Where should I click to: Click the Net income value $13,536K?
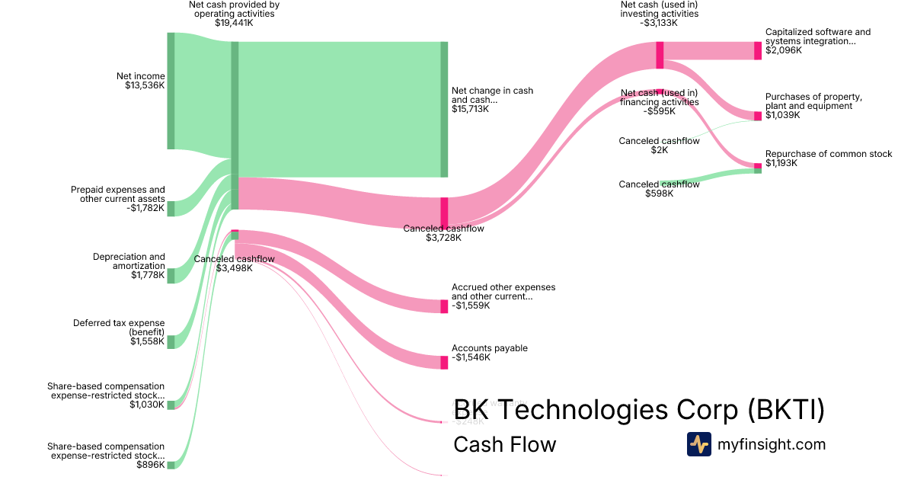coord(145,85)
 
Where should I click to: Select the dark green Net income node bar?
coord(171,91)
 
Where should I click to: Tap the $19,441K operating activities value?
coord(234,23)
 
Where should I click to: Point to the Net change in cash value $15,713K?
coord(470,109)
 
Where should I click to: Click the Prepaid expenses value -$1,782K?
coord(144,208)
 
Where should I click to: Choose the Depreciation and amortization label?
coord(129,261)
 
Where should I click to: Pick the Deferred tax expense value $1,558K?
coord(148,341)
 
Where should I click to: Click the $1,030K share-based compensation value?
coord(148,405)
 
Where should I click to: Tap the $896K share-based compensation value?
coord(150,464)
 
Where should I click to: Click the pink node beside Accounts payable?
coord(444,363)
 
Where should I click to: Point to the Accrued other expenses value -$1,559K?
coord(471,306)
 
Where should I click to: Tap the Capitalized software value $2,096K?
coord(782,50)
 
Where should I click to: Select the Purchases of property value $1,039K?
coord(782,115)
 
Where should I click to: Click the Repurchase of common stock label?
coord(829,154)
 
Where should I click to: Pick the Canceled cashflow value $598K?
coord(659,194)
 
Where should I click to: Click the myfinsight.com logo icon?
coord(698,444)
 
